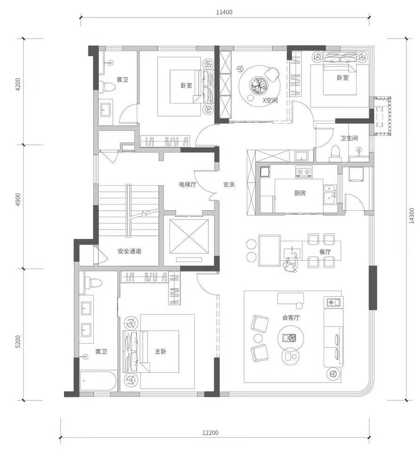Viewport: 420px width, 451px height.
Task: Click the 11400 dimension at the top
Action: pos(224,12)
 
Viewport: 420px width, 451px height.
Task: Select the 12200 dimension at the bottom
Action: pos(210,433)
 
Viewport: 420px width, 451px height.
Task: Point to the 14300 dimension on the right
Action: pos(412,216)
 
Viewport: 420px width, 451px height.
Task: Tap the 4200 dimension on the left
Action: pos(18,84)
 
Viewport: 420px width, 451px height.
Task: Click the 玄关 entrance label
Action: pos(229,184)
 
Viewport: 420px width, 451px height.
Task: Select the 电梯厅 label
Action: pos(188,184)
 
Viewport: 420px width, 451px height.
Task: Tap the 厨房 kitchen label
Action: pos(300,193)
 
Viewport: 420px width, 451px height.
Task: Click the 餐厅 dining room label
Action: pos(325,252)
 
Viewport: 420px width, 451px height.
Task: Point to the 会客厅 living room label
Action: pos(291,317)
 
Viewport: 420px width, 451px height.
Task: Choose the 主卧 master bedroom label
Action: pos(160,351)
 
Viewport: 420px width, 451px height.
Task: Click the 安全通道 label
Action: pos(129,251)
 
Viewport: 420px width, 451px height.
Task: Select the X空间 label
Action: pos(270,100)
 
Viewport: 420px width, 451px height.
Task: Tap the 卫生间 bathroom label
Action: pos(349,138)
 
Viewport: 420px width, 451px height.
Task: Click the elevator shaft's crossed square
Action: pos(189,237)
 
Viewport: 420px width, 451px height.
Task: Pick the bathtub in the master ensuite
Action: pos(98,381)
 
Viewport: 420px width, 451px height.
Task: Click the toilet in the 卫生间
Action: pos(335,153)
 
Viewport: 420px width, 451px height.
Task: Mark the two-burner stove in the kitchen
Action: pos(303,172)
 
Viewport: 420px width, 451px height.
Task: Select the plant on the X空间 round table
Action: pos(260,85)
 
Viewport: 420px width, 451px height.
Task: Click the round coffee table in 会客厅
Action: pos(291,338)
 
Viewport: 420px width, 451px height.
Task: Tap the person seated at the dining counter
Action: pos(291,265)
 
